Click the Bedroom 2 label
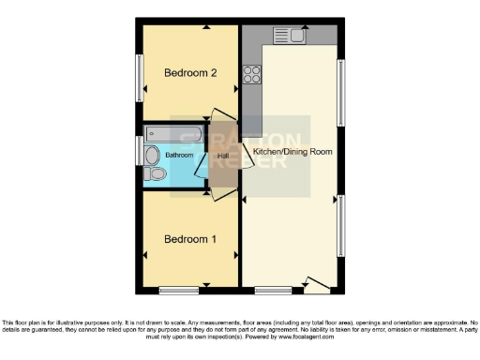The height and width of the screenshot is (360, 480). tap(190, 72)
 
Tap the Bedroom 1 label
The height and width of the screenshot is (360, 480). tap(190, 239)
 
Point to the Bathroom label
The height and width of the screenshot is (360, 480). tap(180, 155)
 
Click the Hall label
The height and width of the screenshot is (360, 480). tap(223, 156)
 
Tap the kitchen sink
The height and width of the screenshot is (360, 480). tap(288, 36)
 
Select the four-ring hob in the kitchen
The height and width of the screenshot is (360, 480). tap(252, 73)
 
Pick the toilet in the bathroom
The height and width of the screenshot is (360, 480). tap(156, 173)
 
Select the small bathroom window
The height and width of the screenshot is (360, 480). tap(140, 150)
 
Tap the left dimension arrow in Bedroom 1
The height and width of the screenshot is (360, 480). tap(144, 254)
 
